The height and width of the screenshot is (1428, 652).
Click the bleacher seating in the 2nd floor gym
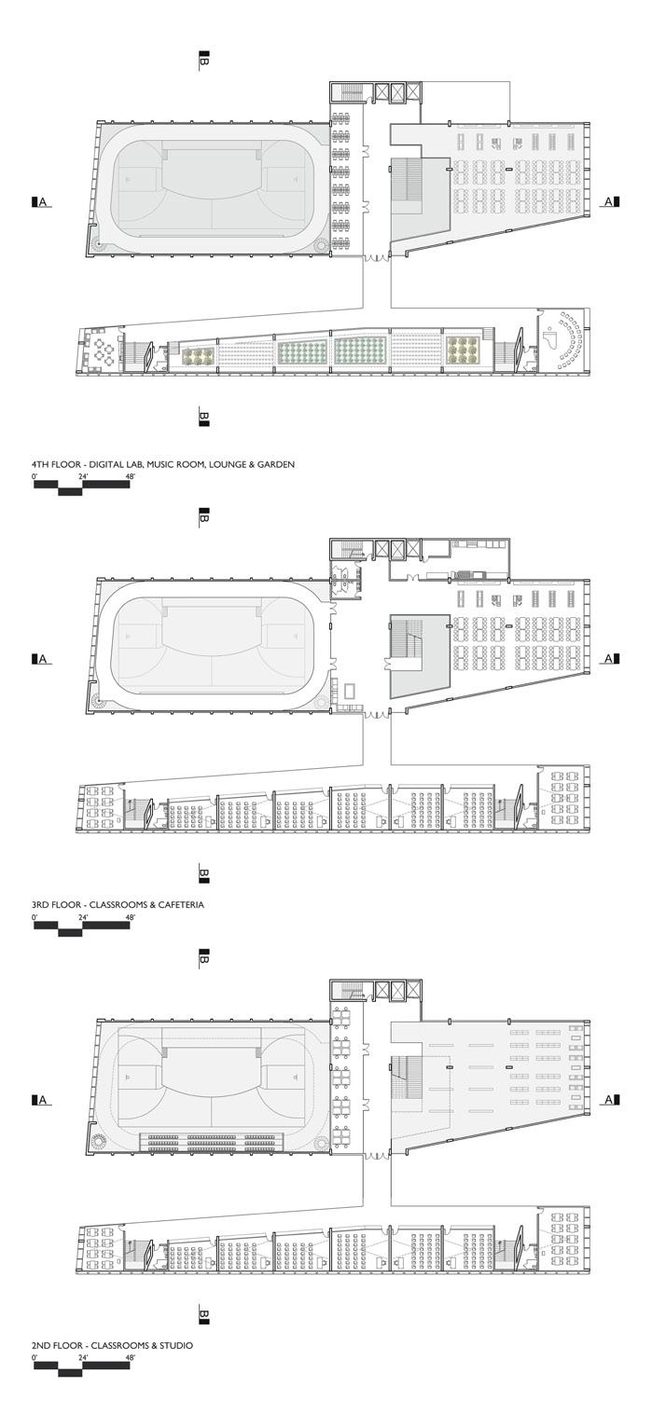tap(212, 1139)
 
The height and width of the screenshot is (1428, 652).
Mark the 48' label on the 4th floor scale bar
tap(129, 476)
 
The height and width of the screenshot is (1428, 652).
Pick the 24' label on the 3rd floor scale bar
tap(83, 917)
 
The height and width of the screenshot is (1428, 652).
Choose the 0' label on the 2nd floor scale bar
tap(35, 1358)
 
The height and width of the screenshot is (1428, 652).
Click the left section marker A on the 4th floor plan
tap(40, 201)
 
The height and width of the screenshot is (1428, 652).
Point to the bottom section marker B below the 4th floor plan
tap(203, 417)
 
